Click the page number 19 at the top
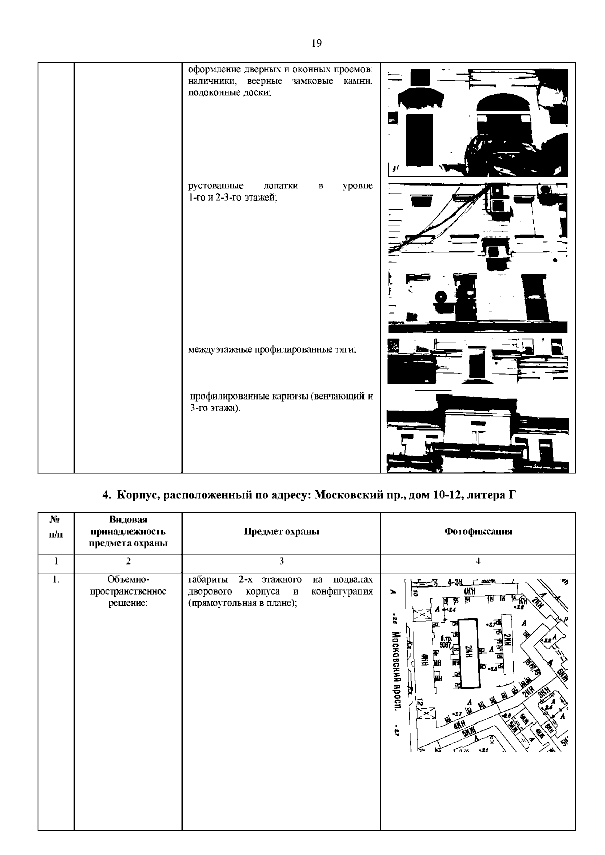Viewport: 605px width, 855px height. pos(317,43)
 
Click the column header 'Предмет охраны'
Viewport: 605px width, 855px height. pos(281,531)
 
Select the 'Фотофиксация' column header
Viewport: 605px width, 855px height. pos(478,531)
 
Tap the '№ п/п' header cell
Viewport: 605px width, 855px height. pos(56,527)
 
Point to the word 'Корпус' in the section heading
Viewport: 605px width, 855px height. pos(137,495)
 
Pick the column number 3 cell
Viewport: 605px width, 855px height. pos(281,561)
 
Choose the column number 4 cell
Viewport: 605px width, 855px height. pos(478,561)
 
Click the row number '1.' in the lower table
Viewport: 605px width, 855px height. pos(56,580)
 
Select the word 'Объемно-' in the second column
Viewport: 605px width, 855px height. pos(128,580)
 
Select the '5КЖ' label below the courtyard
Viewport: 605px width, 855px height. pos(467,733)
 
